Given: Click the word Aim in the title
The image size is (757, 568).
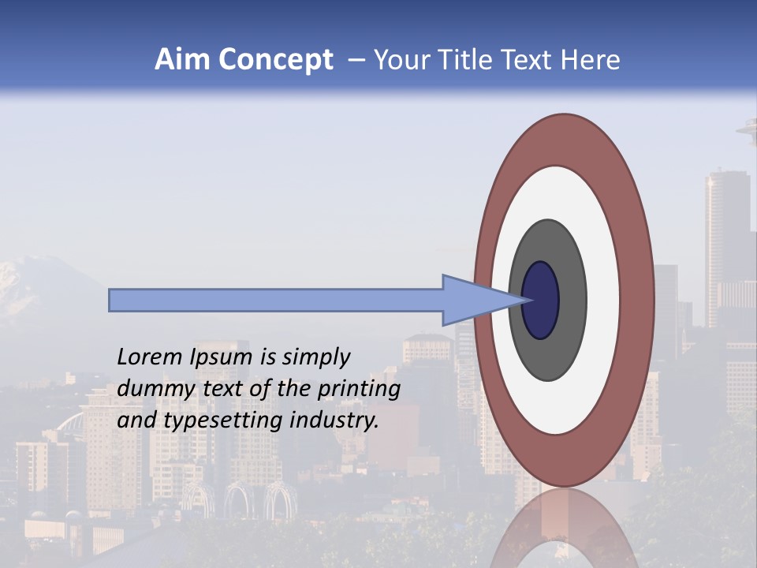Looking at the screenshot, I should tap(182, 60).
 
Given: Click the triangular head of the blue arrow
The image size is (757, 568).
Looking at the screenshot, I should tap(473, 301).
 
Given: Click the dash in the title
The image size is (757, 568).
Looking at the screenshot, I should tap(356, 61).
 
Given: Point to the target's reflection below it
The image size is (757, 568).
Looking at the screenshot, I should tap(564, 529).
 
